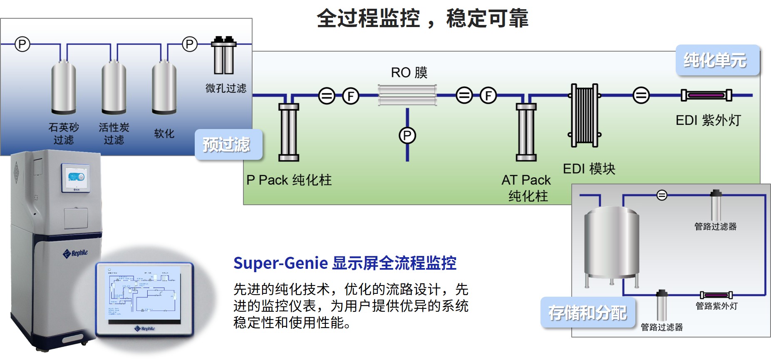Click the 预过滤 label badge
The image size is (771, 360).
pyautogui.click(x=228, y=144)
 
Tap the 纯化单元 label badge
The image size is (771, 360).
pyautogui.click(x=717, y=60)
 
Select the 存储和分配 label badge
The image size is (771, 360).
pyautogui.click(x=588, y=313)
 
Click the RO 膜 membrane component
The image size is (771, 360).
pyautogui.click(x=407, y=95)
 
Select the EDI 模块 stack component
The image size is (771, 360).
pyautogui.click(x=584, y=115)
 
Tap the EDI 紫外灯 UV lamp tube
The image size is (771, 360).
pyautogui.click(x=706, y=95)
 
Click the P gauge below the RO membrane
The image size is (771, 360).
pyautogui.click(x=407, y=135)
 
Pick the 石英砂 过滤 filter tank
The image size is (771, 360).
pyautogui.click(x=64, y=88)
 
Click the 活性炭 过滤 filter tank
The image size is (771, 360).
pyautogui.click(x=114, y=88)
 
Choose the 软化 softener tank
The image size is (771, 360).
pyautogui.click(x=164, y=88)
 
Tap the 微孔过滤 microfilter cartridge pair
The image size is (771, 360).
pyautogui.click(x=224, y=56)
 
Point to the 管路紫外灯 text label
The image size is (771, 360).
pyautogui.click(x=716, y=306)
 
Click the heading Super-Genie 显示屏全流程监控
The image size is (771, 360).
pyautogui.click(x=345, y=263)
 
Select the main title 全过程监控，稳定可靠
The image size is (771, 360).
pyautogui.click(x=422, y=19)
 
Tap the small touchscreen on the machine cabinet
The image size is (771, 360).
pyautogui.click(x=75, y=178)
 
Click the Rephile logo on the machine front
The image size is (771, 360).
pyautogui.click(x=75, y=253)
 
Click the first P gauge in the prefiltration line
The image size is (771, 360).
pyautogui.click(x=22, y=44)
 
